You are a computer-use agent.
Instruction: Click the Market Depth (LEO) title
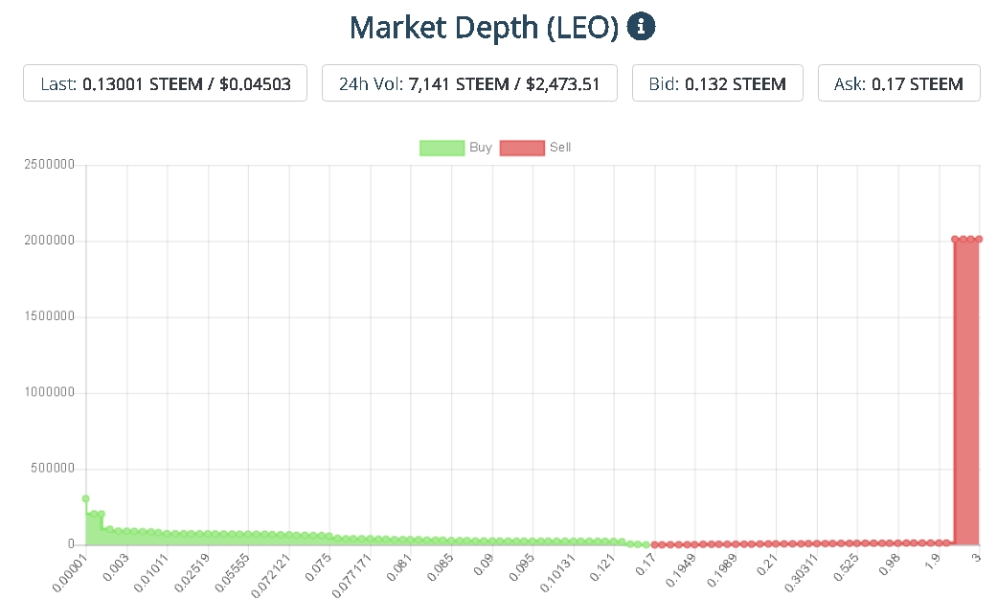coord(485,28)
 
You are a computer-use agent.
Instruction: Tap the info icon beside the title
coord(641,27)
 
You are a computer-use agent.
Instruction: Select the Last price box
coord(165,83)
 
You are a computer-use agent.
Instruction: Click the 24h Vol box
coord(469,83)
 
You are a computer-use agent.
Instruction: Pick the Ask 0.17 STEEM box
coord(898,83)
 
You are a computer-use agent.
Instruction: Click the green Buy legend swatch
coord(441,148)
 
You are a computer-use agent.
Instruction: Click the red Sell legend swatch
coord(521,148)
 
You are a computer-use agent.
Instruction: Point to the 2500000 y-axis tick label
coord(49,165)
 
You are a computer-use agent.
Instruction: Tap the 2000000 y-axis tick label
coord(49,241)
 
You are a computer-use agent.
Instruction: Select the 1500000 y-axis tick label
coord(49,317)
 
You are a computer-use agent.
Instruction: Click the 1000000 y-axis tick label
coord(49,393)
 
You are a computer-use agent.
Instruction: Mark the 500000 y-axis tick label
coord(53,469)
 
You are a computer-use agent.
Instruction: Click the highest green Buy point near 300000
coord(86,498)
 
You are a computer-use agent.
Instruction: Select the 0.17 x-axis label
coord(646,562)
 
